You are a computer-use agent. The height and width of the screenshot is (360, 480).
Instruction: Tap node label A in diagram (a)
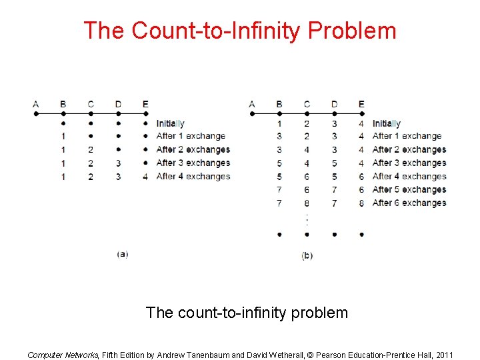(x=35, y=103)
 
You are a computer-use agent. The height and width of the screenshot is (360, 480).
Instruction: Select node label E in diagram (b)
(x=361, y=103)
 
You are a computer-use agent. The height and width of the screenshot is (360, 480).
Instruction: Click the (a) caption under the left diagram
(x=123, y=254)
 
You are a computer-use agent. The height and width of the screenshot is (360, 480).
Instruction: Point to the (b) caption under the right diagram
(x=307, y=255)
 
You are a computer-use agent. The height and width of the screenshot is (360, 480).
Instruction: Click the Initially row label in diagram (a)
(x=170, y=123)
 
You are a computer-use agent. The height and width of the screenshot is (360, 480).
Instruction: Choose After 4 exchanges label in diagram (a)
(x=193, y=177)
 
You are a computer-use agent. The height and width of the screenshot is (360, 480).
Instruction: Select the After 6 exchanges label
(x=409, y=203)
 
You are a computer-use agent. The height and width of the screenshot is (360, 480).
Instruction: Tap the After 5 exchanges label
(x=409, y=189)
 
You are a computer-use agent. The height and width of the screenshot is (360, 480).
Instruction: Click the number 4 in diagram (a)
(x=145, y=177)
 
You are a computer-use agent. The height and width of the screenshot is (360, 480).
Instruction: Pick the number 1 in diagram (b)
(x=279, y=123)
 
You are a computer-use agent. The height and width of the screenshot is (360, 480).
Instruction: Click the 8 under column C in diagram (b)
(x=307, y=203)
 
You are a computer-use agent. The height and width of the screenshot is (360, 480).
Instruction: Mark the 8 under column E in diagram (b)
(x=361, y=203)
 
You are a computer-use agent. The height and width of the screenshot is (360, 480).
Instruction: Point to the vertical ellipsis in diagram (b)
(x=307, y=219)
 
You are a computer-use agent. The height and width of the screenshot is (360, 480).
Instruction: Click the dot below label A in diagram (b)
(x=252, y=114)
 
